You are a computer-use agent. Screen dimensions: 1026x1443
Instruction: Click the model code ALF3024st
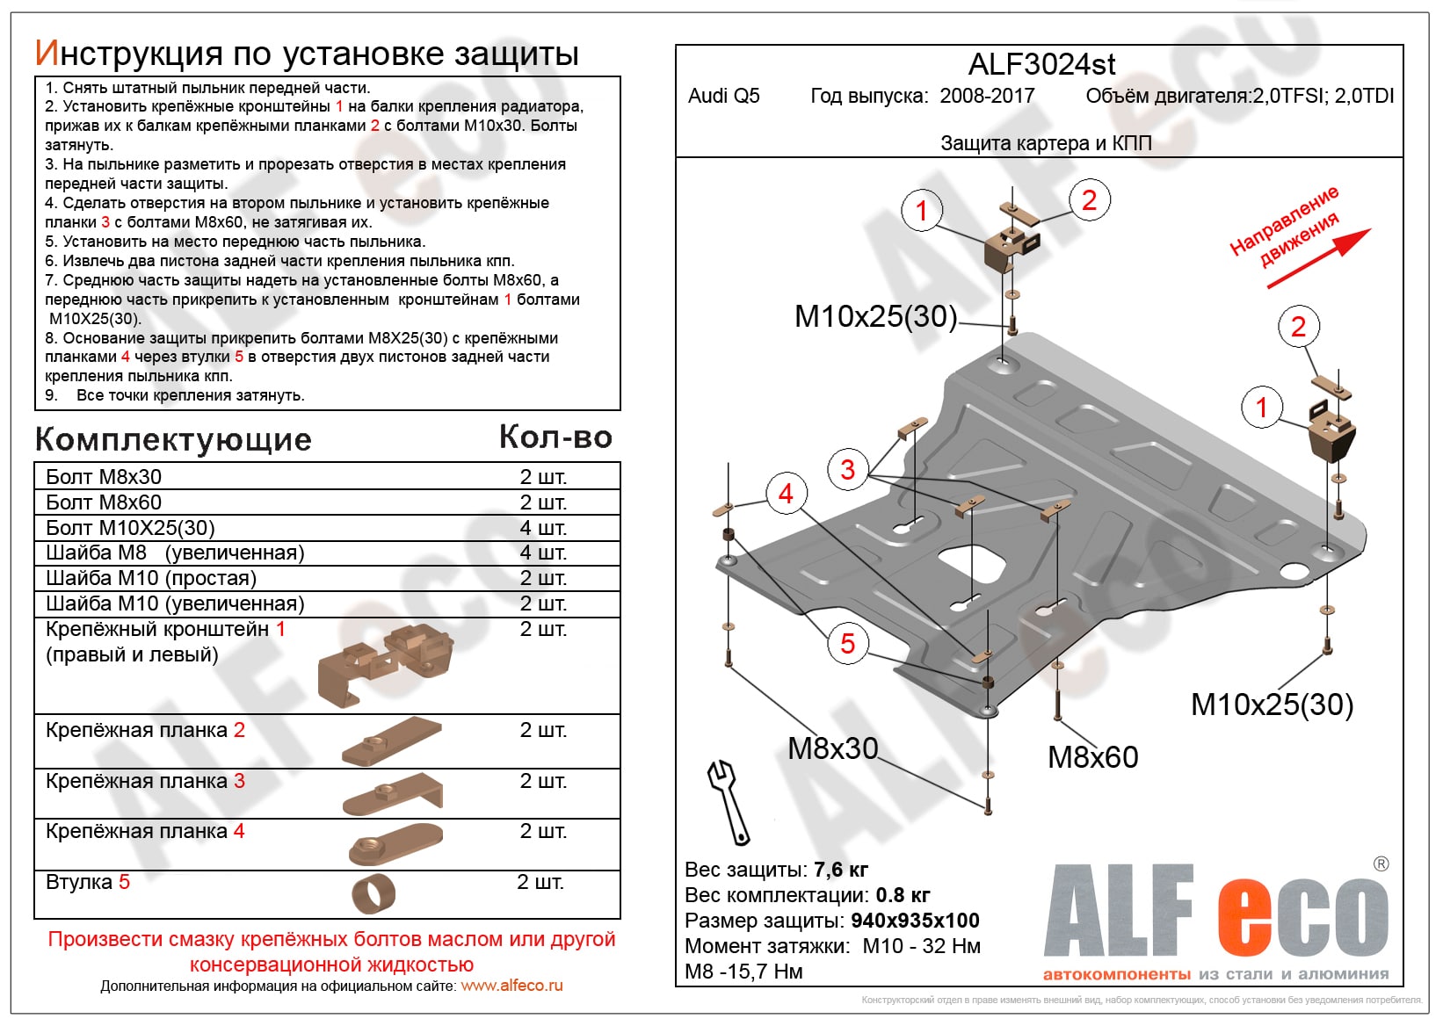pos(1041,64)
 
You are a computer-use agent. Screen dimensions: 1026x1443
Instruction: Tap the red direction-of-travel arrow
pos(1318,259)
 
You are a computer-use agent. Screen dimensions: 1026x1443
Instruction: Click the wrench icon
pos(729,801)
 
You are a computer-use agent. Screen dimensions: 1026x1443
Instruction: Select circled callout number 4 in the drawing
pos(786,494)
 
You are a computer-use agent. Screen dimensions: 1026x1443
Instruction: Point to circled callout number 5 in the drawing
pos(847,643)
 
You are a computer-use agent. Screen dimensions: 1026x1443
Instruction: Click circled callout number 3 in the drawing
pos(847,469)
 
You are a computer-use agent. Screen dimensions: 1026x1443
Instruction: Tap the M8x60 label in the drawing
pos(1092,757)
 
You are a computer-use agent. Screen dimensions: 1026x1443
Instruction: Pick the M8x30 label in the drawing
pos(832,748)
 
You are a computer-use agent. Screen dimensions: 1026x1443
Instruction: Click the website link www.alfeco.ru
pos(511,986)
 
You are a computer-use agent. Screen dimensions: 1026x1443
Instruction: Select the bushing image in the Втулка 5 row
pos(374,894)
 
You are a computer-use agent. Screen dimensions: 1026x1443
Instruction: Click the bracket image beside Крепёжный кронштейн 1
pos(387,663)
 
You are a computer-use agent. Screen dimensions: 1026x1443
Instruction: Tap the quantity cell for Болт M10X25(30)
pos(543,528)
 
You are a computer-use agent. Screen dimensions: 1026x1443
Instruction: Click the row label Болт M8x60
pos(104,502)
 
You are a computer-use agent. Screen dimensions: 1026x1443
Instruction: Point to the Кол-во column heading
pos(555,437)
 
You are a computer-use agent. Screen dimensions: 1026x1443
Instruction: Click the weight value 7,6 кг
pos(841,870)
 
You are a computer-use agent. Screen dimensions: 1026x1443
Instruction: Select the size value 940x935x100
pos(915,921)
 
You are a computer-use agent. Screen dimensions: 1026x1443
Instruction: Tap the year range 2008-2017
pos(987,96)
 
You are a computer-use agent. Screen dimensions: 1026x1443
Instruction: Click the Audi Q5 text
pos(723,96)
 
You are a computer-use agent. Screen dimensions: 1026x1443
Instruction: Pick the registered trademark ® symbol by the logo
pos(1381,864)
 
